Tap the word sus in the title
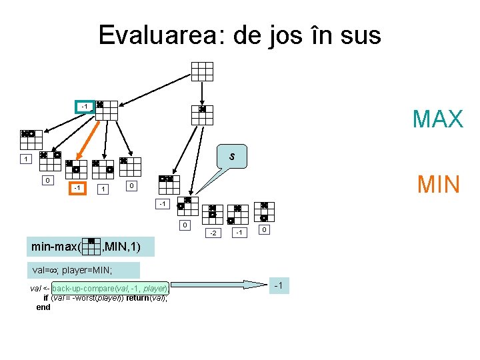point(359,35)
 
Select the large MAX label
point(437,119)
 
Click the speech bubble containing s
point(231,157)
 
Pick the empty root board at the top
point(202,71)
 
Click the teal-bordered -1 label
point(84,107)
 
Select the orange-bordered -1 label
point(78,189)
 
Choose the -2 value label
point(213,233)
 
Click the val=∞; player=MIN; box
point(84,271)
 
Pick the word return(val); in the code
point(144,298)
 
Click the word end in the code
point(43,307)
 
